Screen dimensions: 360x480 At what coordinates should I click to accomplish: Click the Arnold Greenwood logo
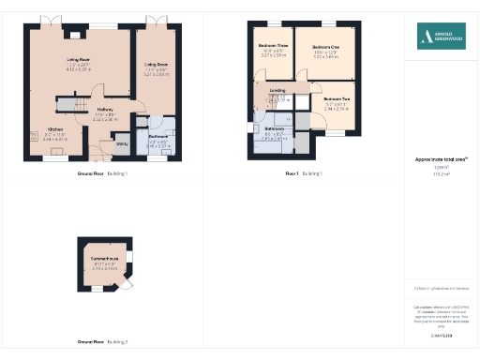pos(442,37)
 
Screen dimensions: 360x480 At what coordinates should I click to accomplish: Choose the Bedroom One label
pos(325,46)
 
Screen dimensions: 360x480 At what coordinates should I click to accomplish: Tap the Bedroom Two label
pos(337,98)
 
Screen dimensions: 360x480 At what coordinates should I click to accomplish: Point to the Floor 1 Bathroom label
pos(274,127)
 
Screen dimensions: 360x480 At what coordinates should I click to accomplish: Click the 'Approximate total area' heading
pos(440,159)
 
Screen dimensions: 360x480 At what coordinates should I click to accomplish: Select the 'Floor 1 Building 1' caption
pos(304,174)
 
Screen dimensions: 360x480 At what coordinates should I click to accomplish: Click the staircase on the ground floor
pos(69,104)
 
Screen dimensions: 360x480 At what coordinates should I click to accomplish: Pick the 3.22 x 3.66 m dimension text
pos(325,56)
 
